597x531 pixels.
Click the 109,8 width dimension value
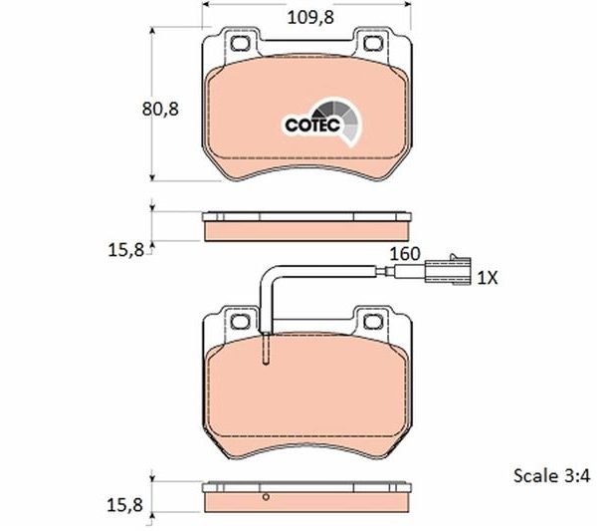[x=310, y=18]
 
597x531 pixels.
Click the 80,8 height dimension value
[x=160, y=110]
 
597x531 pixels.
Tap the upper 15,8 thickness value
[x=126, y=250]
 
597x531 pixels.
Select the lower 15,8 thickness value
[x=125, y=505]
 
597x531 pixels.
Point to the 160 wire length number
[x=405, y=254]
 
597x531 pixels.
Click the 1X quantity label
[x=488, y=278]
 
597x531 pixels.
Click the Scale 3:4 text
[x=551, y=476]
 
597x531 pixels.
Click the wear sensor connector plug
[x=448, y=270]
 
